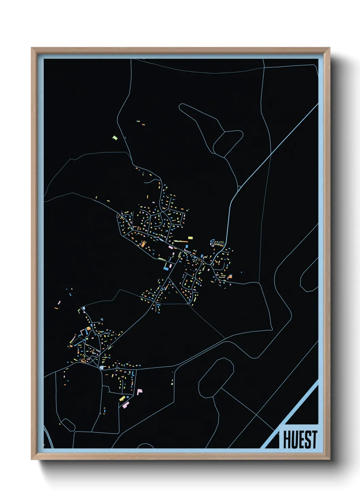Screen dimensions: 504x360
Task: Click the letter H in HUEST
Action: (x=287, y=440)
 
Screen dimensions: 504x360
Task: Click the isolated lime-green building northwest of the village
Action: (x=115, y=138)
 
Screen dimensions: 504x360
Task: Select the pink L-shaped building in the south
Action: (x=139, y=392)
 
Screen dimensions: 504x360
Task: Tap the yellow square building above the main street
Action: (x=190, y=238)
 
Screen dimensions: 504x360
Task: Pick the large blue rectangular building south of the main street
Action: (x=166, y=268)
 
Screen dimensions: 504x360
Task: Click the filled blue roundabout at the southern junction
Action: (x=102, y=368)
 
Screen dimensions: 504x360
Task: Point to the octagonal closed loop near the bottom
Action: (x=216, y=377)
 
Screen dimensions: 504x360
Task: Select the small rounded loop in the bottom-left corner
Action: (x=68, y=424)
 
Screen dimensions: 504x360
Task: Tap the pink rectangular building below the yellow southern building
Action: (x=126, y=405)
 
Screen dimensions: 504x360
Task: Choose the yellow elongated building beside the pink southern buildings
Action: (x=122, y=398)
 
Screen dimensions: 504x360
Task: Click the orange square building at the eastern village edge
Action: (x=230, y=276)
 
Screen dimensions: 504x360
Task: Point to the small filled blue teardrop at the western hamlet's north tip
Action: (x=83, y=308)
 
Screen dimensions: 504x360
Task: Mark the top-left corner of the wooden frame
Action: (x=32, y=48)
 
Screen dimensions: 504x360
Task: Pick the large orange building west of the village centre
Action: (x=143, y=244)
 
